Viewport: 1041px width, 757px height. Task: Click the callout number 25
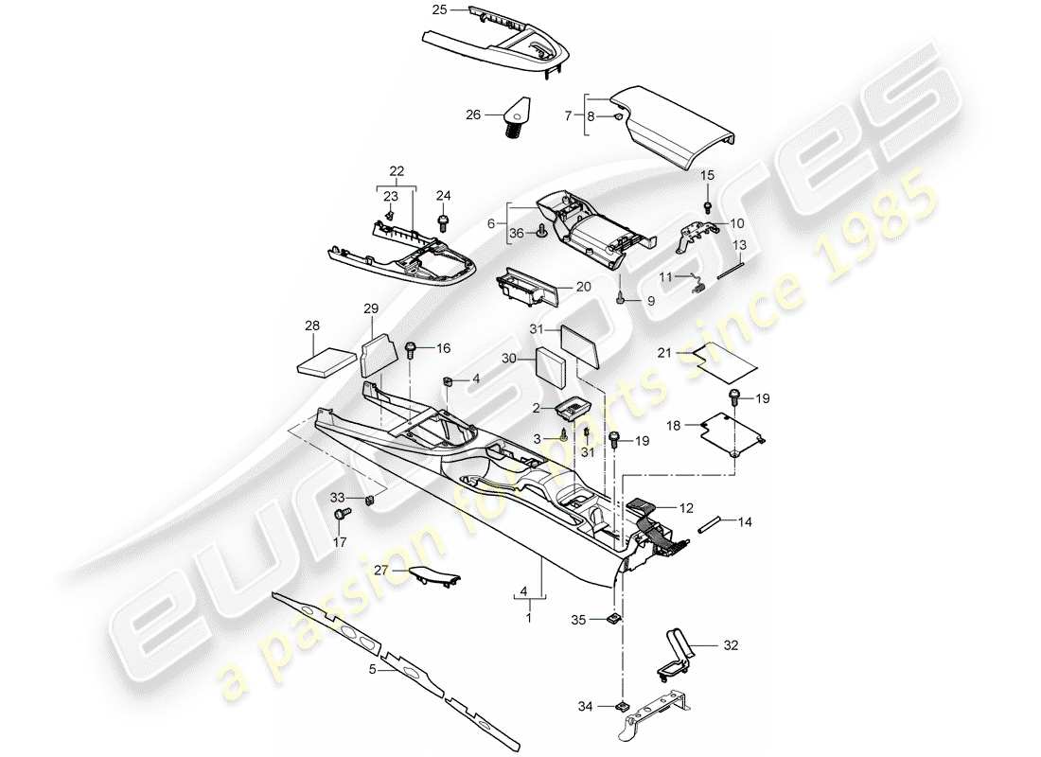[x=439, y=10]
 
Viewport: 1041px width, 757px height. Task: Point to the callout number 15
[x=707, y=176]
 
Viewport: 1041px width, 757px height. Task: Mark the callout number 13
[x=739, y=244]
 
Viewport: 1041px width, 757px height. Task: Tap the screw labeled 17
[x=341, y=514]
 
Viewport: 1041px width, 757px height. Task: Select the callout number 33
[x=338, y=497]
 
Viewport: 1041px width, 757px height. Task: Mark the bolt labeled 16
[x=412, y=350]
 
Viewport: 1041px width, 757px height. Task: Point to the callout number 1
[x=528, y=617]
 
